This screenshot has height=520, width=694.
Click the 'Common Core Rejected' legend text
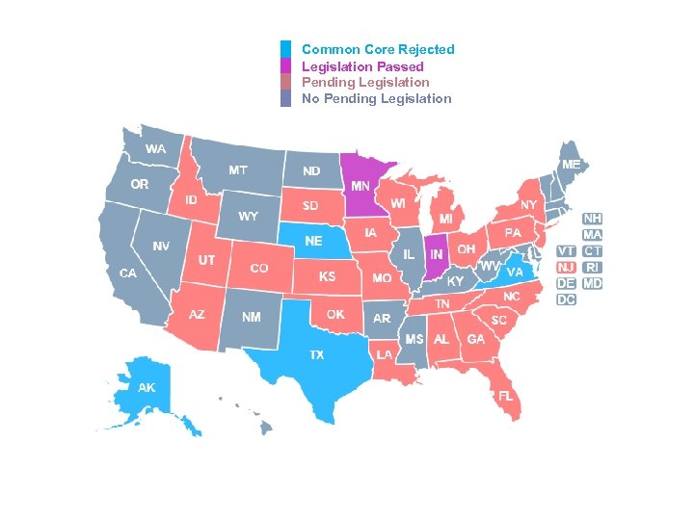pyautogui.click(x=378, y=49)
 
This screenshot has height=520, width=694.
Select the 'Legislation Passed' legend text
pyautogui.click(x=362, y=66)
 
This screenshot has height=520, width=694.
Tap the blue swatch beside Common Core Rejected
pyautogui.click(x=285, y=49)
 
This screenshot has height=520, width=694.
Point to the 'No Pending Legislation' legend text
pyautogui.click(x=376, y=98)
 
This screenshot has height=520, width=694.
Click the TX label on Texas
pyautogui.click(x=316, y=355)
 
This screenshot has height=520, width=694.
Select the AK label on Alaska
pyautogui.click(x=147, y=388)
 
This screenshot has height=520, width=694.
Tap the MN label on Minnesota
pyautogui.click(x=360, y=186)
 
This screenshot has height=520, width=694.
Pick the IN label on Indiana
pyautogui.click(x=437, y=254)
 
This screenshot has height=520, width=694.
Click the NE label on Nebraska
pyautogui.click(x=313, y=241)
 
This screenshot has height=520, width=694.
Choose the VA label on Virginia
pyautogui.click(x=515, y=273)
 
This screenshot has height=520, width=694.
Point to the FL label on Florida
pyautogui.click(x=504, y=396)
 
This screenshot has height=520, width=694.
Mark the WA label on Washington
pyautogui.click(x=155, y=149)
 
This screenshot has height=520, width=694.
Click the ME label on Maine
pyautogui.click(x=572, y=165)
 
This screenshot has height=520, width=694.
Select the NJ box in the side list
pyautogui.click(x=567, y=267)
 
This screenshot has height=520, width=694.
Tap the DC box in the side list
pyautogui.click(x=566, y=299)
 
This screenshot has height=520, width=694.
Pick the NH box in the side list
pyautogui.click(x=592, y=219)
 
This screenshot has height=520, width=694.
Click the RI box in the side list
pyautogui.click(x=592, y=267)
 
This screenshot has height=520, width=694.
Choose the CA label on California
pyautogui.click(x=128, y=273)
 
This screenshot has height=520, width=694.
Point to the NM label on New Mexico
pyautogui.click(x=251, y=316)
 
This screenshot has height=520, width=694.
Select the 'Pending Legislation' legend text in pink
pyautogui.click(x=365, y=83)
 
